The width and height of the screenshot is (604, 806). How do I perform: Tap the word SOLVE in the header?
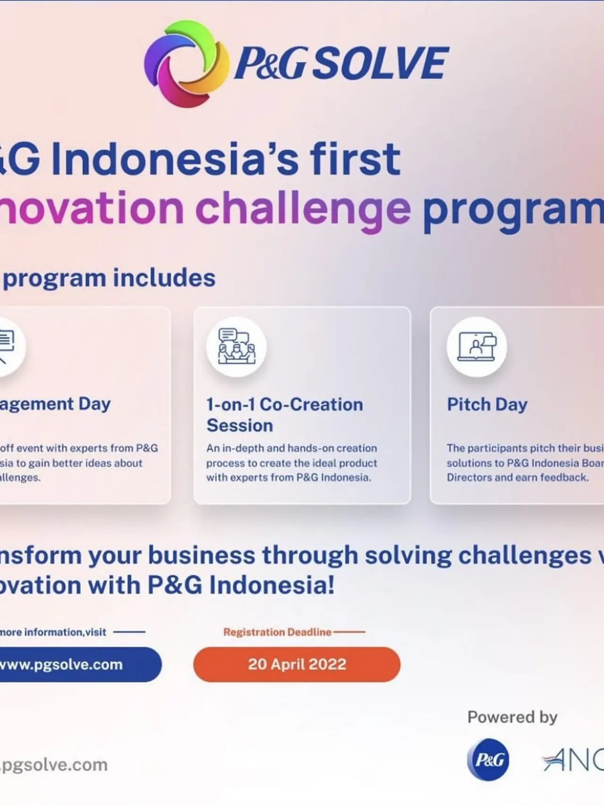click(x=379, y=63)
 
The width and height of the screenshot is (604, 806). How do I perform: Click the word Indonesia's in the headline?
click(x=175, y=159)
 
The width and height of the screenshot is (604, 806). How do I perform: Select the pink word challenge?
click(x=303, y=208)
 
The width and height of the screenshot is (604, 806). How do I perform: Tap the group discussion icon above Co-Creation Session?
click(x=236, y=347)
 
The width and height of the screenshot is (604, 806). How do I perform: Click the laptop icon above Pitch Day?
click(x=477, y=347)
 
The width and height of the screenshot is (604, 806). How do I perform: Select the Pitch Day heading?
click(x=487, y=404)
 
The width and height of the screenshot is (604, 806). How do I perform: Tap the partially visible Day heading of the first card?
click(x=94, y=404)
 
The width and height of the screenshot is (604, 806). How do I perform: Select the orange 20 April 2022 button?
click(x=297, y=664)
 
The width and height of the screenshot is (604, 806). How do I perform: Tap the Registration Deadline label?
click(x=277, y=632)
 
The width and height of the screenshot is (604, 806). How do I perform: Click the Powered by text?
click(x=512, y=717)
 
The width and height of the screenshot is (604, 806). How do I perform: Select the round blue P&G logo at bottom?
click(x=488, y=760)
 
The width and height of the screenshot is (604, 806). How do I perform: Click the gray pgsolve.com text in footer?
click(x=54, y=764)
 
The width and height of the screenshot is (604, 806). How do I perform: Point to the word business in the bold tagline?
click(x=201, y=555)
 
